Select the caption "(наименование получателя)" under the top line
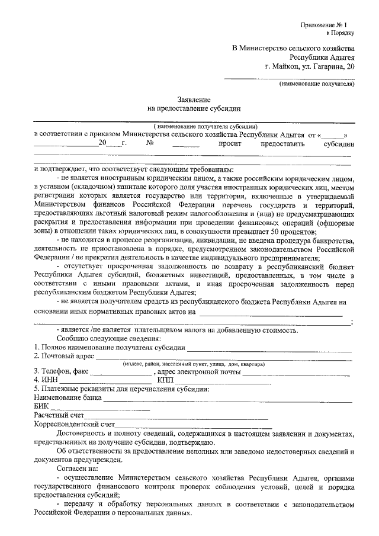(x=317, y=84)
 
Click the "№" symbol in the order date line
(x=150, y=143)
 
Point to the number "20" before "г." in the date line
(x=102, y=143)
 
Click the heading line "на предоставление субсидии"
(x=194, y=109)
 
